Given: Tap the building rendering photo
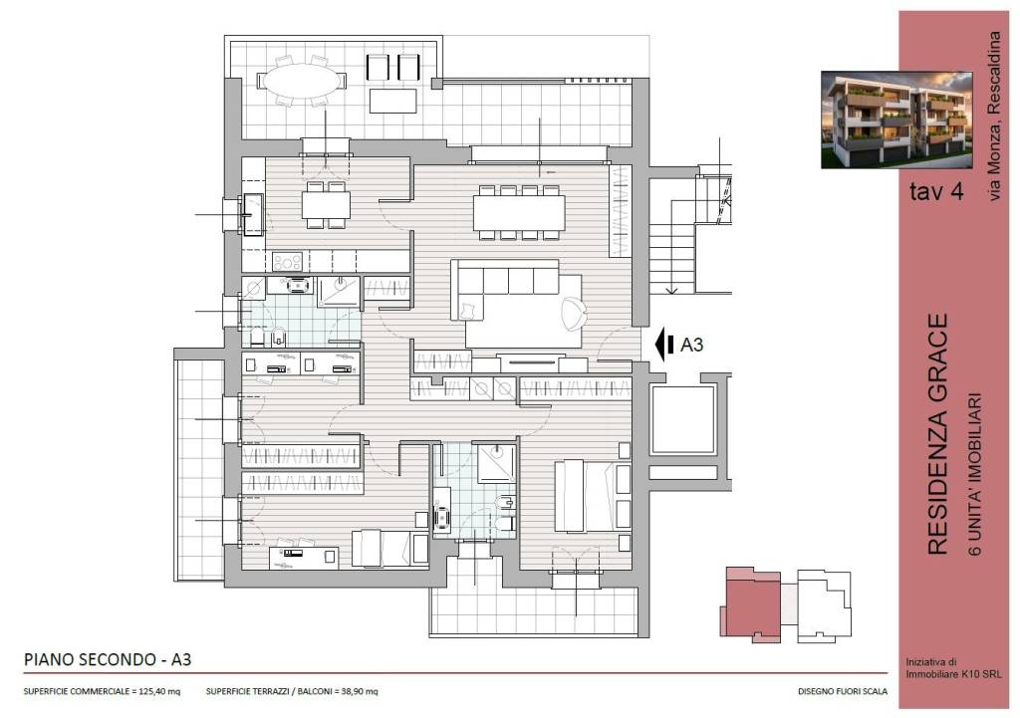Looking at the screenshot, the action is coord(897,120).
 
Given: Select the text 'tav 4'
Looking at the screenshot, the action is coord(936,191).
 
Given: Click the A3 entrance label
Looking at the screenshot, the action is coord(691,345).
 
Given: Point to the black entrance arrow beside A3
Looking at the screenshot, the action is coord(664,345).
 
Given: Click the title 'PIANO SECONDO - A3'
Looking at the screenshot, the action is coord(108,659).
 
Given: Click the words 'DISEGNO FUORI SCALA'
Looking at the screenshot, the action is coord(843,691).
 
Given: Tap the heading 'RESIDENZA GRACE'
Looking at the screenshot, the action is coord(937,434).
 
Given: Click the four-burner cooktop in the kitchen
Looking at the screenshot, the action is coord(288,262).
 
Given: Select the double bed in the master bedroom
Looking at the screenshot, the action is coord(592,496).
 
